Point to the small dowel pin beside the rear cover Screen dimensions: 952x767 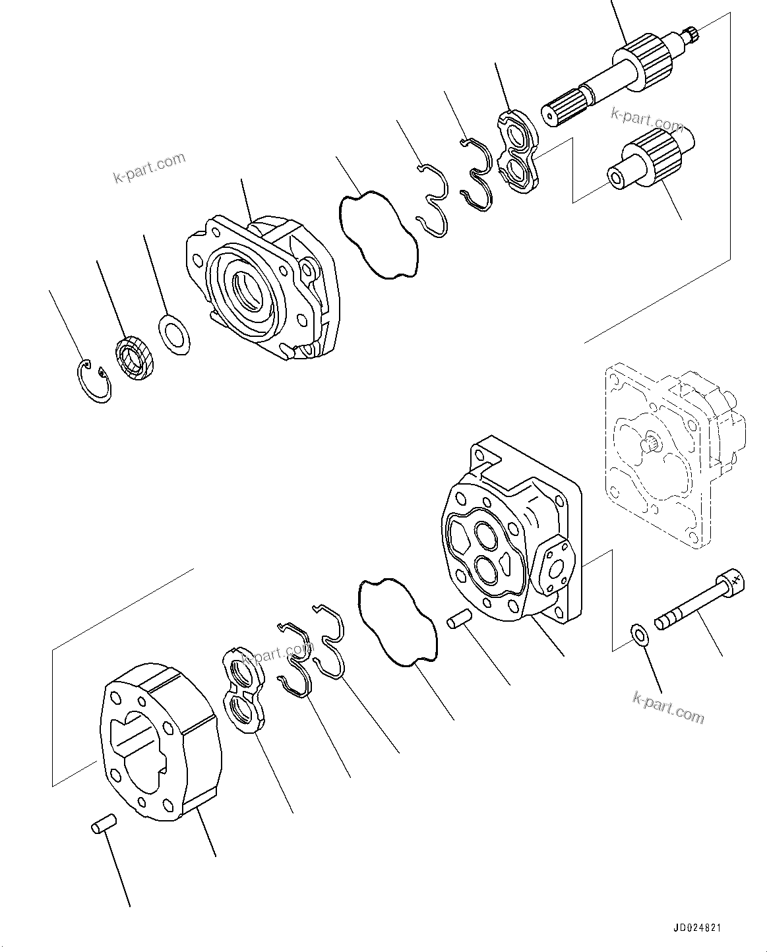[459, 620]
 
